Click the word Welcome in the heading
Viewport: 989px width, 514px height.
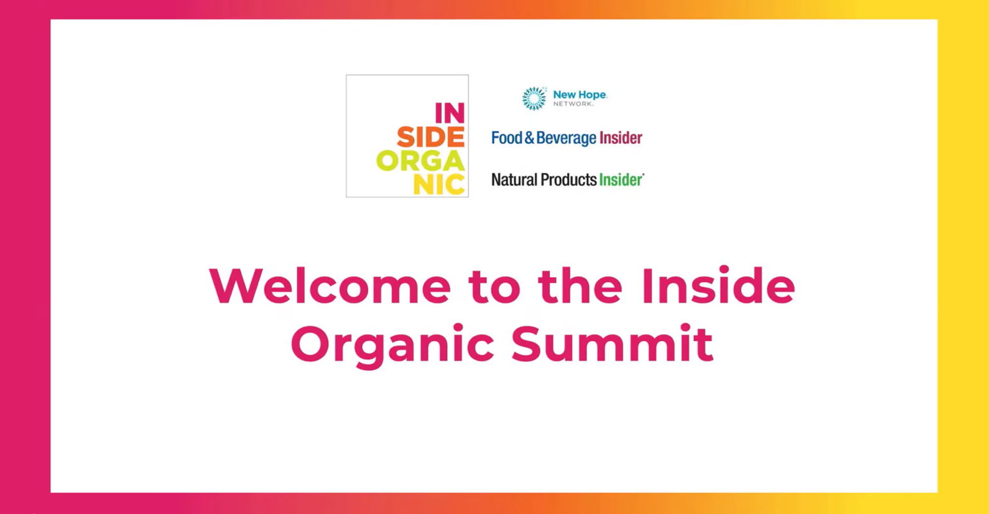click(330, 285)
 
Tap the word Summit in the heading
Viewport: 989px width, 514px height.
click(612, 343)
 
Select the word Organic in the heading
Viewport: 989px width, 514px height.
click(392, 346)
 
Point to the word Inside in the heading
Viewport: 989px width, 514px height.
click(718, 285)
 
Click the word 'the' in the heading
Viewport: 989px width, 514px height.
click(580, 285)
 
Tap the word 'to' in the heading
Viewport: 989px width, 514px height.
click(494, 287)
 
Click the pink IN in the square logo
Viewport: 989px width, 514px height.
click(450, 113)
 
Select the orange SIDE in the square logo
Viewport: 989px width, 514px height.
click(430, 137)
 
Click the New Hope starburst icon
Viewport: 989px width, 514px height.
click(534, 98)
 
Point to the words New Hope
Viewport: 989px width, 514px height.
click(580, 94)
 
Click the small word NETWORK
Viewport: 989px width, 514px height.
click(573, 104)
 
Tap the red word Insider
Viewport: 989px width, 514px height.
click(620, 137)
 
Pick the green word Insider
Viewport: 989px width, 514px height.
click(621, 180)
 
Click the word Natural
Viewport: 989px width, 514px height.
click(514, 180)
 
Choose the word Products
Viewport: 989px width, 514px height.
click(569, 180)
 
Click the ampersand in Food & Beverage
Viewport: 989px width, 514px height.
click(529, 138)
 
